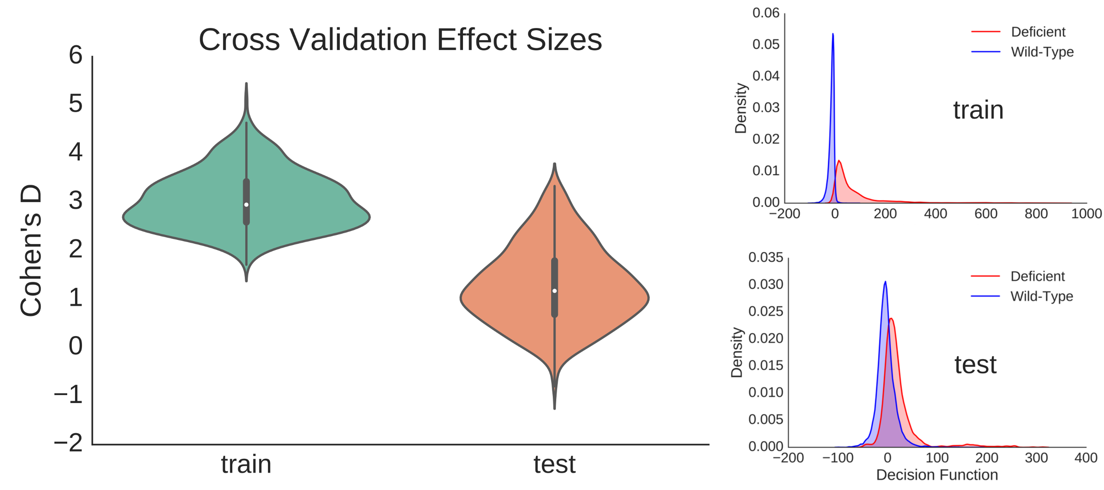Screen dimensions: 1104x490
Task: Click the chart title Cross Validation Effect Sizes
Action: tap(400, 40)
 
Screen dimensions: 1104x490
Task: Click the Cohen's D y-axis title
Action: tap(31, 250)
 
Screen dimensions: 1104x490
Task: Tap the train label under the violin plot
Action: tap(246, 464)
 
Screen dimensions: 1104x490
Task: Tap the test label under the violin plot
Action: tap(554, 464)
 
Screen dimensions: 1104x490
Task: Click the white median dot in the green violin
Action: tap(247, 204)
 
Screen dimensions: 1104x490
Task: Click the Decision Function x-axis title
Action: tap(937, 475)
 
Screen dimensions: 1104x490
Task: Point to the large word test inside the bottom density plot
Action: tap(976, 365)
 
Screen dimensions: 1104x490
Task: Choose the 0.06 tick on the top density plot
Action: tap(766, 13)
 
